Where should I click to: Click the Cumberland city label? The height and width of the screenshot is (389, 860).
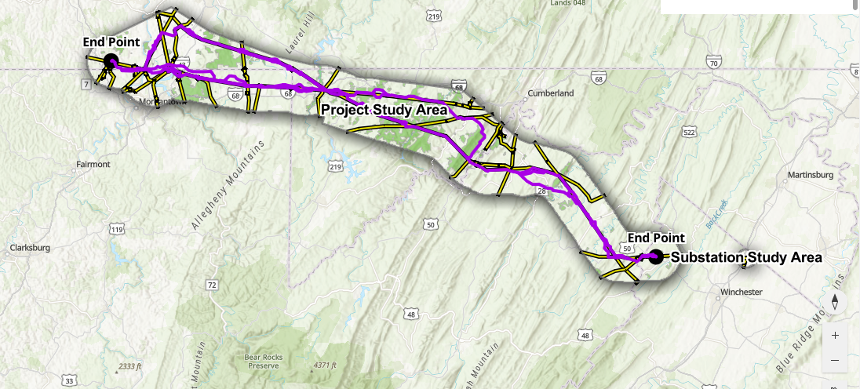[x=553, y=93]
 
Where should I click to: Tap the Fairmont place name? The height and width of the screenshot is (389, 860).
[x=93, y=165]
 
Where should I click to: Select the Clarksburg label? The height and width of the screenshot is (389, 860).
[x=30, y=248]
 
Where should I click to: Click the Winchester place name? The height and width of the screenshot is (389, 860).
[x=741, y=293]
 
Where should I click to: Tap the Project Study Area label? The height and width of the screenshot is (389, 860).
[x=384, y=111]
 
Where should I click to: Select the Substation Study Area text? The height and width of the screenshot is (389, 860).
[x=746, y=257]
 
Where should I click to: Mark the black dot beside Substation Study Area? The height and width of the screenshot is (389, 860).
[x=656, y=256]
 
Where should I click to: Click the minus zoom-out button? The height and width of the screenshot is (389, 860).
[x=835, y=360]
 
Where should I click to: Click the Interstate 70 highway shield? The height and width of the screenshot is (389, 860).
[x=713, y=62]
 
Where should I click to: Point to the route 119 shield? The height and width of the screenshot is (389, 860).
[x=117, y=229]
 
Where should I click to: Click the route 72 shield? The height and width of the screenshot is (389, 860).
[x=212, y=285]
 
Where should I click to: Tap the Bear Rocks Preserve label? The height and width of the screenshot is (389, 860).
[x=263, y=361]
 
